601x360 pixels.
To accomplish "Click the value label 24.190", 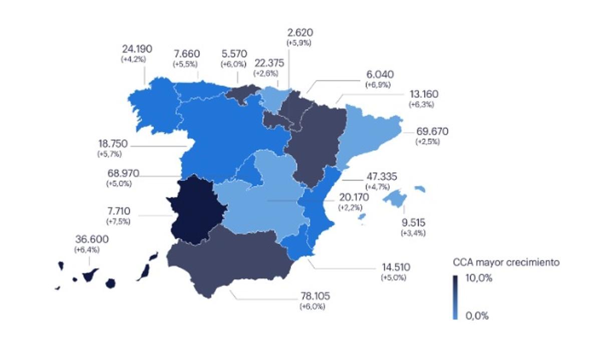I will point(137,49).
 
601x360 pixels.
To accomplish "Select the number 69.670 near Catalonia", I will point(432,132).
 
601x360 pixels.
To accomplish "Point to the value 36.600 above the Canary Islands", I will point(92,239).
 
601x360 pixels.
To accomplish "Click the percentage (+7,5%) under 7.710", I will point(118,221).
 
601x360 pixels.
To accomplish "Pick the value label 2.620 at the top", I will point(300,33).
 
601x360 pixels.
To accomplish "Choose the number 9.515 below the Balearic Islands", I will point(414,223).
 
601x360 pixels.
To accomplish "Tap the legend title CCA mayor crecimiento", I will point(506,262).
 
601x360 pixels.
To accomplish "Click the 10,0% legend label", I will point(479,278).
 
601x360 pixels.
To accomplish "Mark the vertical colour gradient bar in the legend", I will point(455,297).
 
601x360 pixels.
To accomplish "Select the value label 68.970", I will point(123,173).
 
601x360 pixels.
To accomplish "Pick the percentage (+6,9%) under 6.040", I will point(378,85).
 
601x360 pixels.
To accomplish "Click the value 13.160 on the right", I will point(421,94).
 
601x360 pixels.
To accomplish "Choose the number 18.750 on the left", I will point(112,144).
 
